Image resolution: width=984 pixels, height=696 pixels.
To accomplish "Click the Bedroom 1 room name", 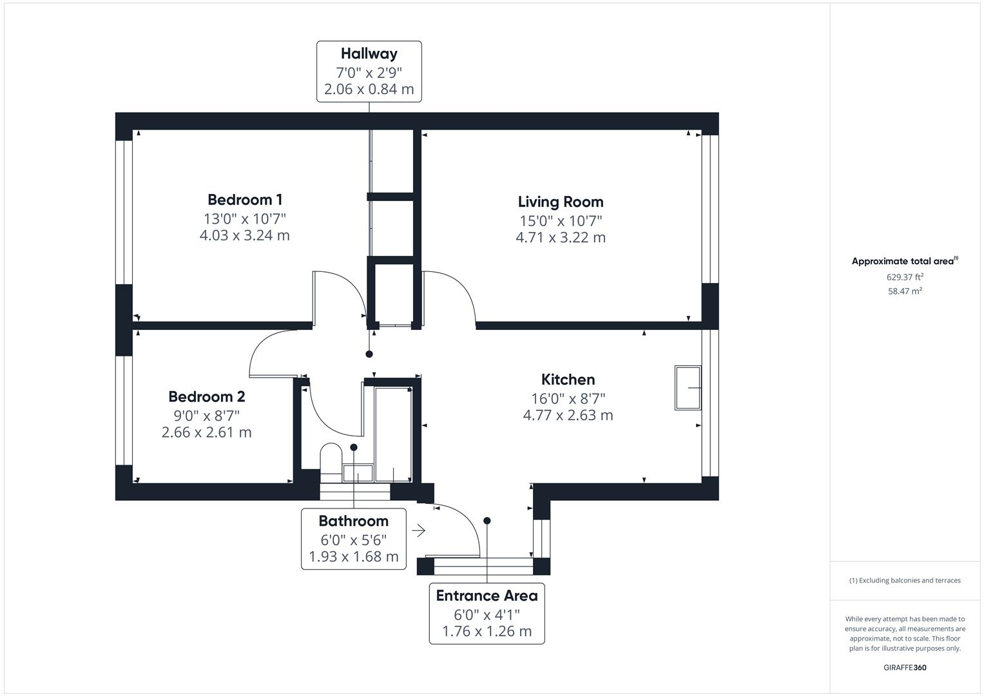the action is [245, 200].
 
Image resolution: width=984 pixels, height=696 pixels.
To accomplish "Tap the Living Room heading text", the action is [561, 202].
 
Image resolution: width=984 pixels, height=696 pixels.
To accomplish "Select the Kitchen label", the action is [568, 379].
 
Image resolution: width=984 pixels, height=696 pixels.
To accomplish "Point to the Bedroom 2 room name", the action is [206, 397].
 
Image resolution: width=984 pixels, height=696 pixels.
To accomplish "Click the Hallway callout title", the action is [369, 53].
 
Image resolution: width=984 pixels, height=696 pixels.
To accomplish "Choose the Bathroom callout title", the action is [354, 521].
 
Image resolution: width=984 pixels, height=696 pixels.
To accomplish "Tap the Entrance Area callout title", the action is [487, 596].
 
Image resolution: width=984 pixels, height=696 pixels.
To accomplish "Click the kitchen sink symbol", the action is [688, 388].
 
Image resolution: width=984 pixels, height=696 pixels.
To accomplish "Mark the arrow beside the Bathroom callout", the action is [419, 531].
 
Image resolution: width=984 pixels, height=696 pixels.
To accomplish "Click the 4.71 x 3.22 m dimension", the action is [561, 237].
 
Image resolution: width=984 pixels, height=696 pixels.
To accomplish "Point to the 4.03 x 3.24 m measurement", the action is [245, 235].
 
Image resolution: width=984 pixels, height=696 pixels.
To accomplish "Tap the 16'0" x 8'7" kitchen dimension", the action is [568, 398].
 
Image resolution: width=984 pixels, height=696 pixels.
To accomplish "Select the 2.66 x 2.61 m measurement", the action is [206, 432].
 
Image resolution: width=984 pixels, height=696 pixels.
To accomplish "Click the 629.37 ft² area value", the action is [905, 277].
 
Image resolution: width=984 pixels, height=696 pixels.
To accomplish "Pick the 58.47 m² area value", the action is [905, 291].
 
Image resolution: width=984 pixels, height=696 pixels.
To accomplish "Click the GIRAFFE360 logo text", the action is [905, 668].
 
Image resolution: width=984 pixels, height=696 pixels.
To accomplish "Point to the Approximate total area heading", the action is [905, 261].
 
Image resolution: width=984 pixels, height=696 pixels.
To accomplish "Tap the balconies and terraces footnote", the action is [905, 581].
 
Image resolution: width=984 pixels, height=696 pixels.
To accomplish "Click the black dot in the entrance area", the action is [487, 521].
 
